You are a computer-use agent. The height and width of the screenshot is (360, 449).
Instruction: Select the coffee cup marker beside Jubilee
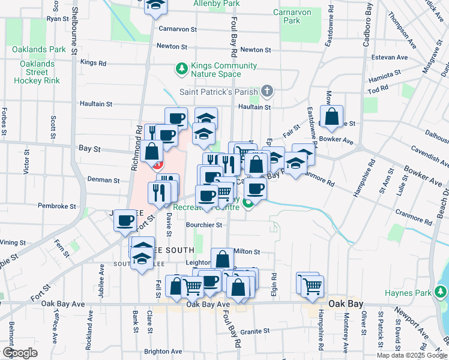pos(125,221)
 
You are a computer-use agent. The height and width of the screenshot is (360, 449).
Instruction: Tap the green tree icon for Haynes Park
pos(442,293)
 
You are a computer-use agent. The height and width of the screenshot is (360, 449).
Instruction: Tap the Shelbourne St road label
pos(74,29)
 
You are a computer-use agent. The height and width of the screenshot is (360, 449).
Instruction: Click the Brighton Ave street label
pos(163,351)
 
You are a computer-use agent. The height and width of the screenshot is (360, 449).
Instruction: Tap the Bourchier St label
pos(204,225)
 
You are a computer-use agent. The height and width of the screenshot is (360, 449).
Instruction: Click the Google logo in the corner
pos(20,353)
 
